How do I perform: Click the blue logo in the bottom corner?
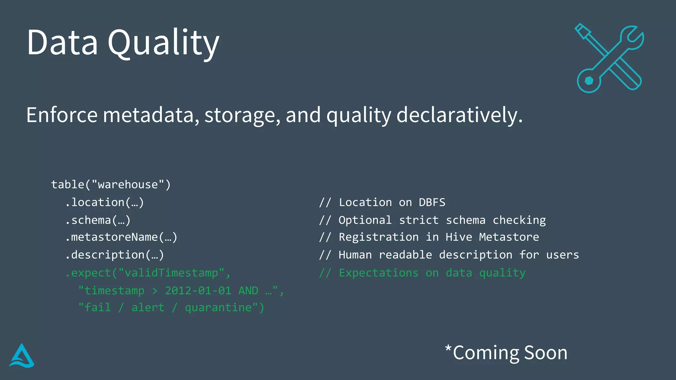pos(22,356)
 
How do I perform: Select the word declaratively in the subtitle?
pos(459,115)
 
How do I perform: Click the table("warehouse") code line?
pos(111,184)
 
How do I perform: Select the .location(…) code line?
pos(104,202)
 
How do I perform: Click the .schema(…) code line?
pos(98,220)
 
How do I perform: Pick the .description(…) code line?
pos(114,255)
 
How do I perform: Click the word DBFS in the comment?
pos(432,202)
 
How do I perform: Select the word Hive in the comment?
pos(458,237)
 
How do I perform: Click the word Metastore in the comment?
pos(509,237)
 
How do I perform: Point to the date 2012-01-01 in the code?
pos(198,291)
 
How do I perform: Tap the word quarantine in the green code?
pos(218,308)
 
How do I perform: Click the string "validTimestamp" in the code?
pos(171,273)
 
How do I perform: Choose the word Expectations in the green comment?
pos(379,273)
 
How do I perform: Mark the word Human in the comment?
pos(355,255)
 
